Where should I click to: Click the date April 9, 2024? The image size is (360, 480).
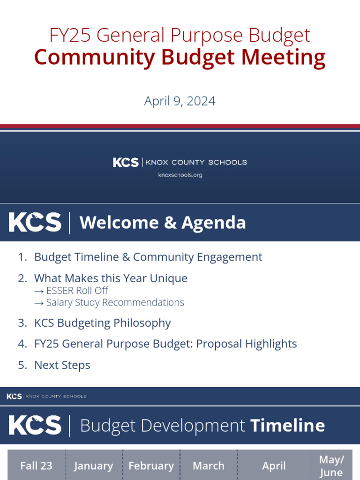(x=180, y=101)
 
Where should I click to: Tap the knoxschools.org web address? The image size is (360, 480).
(x=180, y=175)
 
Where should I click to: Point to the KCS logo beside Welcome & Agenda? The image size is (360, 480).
(x=35, y=222)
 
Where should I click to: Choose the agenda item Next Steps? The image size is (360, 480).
(x=62, y=365)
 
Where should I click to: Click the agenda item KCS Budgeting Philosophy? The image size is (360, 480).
(x=102, y=323)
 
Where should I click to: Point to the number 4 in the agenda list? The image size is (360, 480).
(x=22, y=344)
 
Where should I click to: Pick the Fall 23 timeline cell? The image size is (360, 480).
(x=37, y=465)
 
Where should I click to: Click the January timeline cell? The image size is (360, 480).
(x=94, y=466)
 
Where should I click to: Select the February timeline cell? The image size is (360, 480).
(x=151, y=466)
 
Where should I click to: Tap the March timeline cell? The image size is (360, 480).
(x=209, y=466)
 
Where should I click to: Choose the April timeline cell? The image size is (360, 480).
(x=274, y=466)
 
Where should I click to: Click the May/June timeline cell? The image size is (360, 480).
(x=331, y=465)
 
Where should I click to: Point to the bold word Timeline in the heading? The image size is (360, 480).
(x=287, y=426)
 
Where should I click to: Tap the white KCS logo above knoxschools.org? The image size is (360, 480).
(x=126, y=162)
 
